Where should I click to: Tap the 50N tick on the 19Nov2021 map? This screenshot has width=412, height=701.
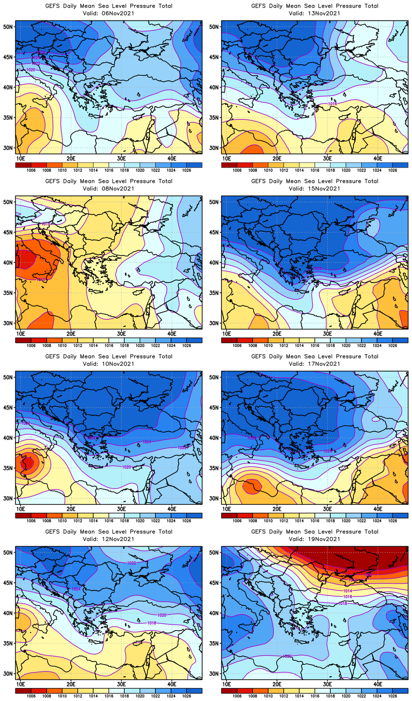[214, 552]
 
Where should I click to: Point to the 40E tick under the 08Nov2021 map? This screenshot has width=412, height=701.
[172, 333]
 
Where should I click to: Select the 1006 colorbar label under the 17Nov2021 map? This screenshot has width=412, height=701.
[237, 521]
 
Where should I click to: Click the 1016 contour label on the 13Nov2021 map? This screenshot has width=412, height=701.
[333, 104]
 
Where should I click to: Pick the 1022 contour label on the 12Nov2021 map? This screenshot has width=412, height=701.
[132, 563]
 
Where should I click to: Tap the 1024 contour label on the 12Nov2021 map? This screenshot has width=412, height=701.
[76, 589]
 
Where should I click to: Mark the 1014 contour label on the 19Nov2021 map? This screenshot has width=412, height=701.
[347, 591]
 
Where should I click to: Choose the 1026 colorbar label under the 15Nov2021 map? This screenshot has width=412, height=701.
[392, 345]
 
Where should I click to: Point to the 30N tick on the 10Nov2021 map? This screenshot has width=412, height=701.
[8, 498]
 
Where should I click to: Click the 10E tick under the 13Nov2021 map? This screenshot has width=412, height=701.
[227, 158]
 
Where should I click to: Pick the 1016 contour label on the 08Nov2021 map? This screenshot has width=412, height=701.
[46, 224]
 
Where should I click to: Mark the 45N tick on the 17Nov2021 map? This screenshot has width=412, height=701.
[214, 407]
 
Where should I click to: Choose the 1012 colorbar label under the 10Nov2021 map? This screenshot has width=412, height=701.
[78, 521]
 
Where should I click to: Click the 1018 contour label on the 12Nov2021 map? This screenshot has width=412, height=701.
[152, 623]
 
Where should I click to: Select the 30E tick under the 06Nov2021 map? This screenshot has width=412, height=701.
[121, 158]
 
